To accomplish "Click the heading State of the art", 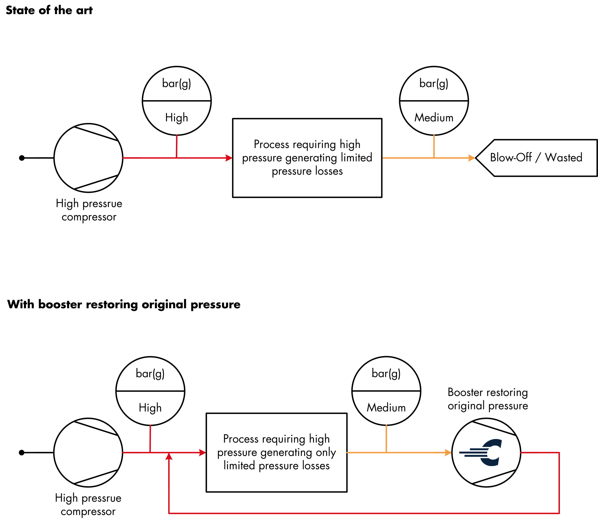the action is (49, 10).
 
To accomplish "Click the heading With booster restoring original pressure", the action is (124, 304).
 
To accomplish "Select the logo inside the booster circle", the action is (481, 452).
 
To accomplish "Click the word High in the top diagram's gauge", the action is (176, 118).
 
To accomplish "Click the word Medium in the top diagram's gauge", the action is (434, 118).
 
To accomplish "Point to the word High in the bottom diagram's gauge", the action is (150, 408).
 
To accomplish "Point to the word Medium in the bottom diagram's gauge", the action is (386, 408).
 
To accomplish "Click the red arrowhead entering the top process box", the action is (229, 158).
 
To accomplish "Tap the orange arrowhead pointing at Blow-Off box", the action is (471, 158).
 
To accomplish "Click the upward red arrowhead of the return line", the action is (169, 456).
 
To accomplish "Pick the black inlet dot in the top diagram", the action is (22, 158).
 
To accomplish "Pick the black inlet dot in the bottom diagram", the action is (22, 453).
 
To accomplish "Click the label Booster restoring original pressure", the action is (488, 399).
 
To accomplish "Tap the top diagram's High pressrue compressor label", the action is (89, 210).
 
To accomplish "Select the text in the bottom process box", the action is (277, 452).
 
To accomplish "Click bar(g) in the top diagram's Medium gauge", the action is (434, 84).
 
